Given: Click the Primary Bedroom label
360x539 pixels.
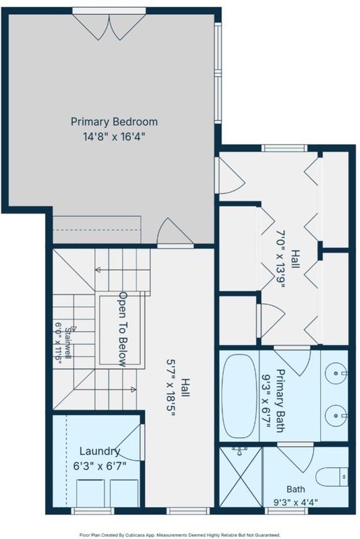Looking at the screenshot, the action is pos(114,122).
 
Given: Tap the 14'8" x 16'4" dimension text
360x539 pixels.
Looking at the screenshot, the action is pos(114,137).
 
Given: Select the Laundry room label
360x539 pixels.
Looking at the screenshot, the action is pos(100,451).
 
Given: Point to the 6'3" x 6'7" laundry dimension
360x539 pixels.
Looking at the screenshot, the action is pos(100,466).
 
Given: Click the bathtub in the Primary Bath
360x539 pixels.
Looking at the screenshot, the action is pos(239,395).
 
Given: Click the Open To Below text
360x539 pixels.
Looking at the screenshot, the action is pos(123,329).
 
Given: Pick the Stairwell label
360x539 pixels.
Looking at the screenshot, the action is pos(69,343).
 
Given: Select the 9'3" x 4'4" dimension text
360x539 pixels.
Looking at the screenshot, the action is pos(296,502).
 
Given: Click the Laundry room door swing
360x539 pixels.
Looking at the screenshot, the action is pos(129,443).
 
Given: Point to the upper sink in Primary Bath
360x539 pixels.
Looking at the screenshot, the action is pos(336,373).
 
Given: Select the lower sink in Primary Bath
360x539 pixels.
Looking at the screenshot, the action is pos(336,416).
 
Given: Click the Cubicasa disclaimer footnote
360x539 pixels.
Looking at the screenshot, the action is pos(180,535).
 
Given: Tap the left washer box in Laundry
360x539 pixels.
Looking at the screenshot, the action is pos(90,493).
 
